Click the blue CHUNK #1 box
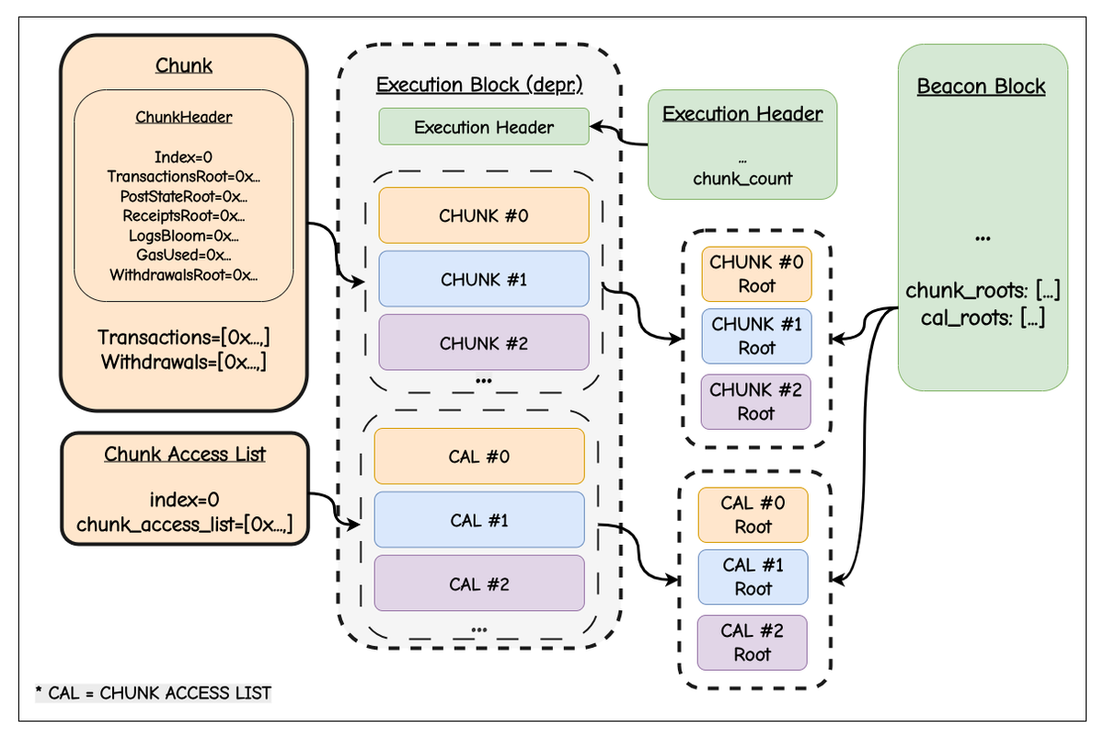click(483, 279)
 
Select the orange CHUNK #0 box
click(483, 215)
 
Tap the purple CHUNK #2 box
click(483, 342)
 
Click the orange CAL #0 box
click(478, 456)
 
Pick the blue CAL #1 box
click(478, 520)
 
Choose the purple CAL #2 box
click(478, 583)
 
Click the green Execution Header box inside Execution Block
click(483, 127)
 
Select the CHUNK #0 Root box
click(756, 273)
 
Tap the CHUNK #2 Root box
click(756, 401)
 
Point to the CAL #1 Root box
click(753, 577)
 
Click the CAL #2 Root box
click(752, 642)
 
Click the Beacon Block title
click(981, 87)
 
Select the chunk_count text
click(742, 179)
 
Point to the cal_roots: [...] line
click(982, 319)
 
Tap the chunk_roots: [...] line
click(983, 292)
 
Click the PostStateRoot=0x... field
click(183, 196)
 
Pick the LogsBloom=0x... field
click(183, 236)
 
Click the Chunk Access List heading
click(184, 454)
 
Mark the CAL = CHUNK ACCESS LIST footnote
click(154, 692)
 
